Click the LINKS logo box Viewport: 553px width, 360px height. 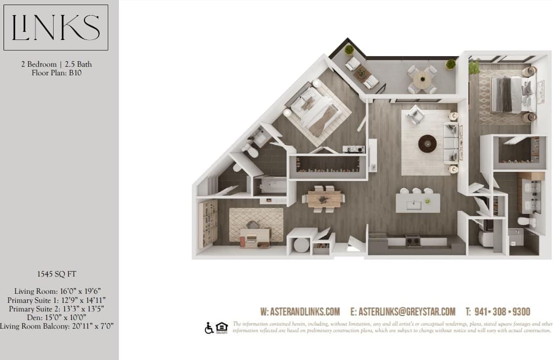tap(56, 27)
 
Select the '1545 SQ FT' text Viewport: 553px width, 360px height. tap(56, 275)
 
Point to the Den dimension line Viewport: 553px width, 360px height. tap(56, 317)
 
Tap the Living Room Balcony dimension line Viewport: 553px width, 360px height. tap(56, 326)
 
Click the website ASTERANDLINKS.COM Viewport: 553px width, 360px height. tap(300, 311)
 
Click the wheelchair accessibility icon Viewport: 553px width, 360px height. tap(209, 328)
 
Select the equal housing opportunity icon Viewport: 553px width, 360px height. tap(222, 328)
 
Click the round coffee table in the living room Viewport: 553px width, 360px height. tap(427, 143)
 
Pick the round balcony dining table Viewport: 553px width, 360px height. tap(422, 78)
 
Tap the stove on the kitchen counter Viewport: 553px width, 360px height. tap(413, 240)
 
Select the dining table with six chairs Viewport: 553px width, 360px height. tap(324, 198)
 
